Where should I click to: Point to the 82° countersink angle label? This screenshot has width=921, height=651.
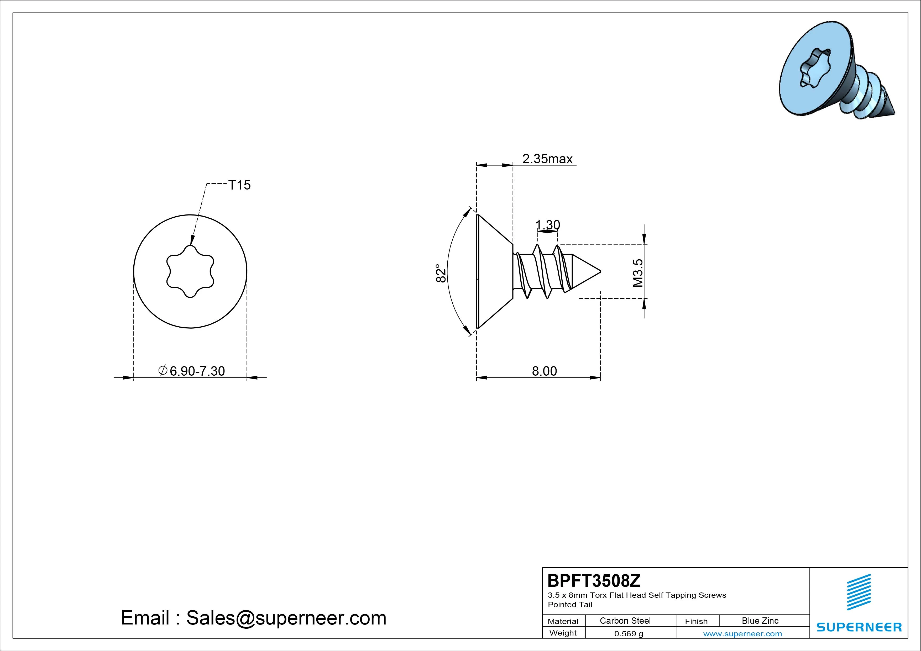441,273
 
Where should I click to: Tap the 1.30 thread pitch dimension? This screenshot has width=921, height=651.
548,225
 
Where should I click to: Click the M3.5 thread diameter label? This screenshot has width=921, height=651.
638,273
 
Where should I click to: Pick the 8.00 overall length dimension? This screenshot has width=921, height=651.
544,371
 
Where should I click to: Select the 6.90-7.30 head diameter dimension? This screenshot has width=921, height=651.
192,371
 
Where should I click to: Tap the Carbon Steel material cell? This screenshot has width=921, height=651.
625,621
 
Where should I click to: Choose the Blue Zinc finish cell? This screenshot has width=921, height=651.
760,621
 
